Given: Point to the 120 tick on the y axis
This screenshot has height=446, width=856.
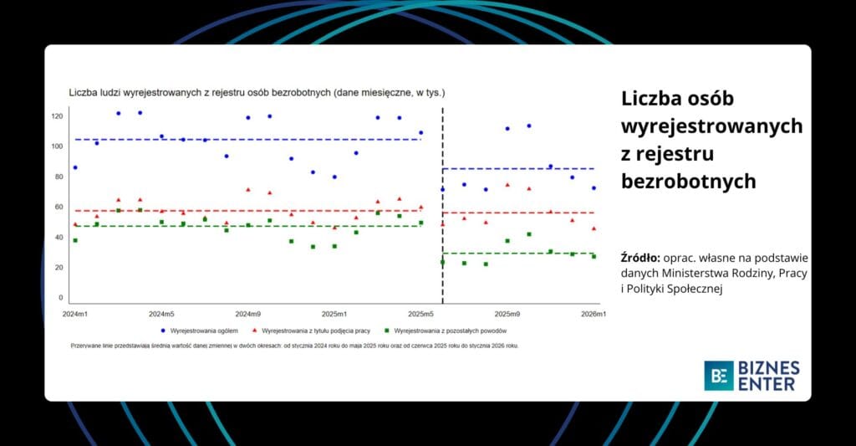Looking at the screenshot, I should pyautogui.click(x=57, y=115).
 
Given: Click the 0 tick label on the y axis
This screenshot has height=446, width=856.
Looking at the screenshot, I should pyautogui.click(x=60, y=297).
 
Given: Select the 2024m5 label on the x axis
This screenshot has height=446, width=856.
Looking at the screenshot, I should pyautogui.click(x=161, y=314).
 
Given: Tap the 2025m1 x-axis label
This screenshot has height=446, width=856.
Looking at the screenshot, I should pyautogui.click(x=334, y=314).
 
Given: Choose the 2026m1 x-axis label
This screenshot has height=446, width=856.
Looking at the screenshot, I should pyautogui.click(x=593, y=314).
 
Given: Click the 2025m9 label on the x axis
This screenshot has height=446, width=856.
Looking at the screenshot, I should pyautogui.click(x=507, y=314).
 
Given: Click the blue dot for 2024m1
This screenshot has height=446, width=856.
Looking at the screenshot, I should pyautogui.click(x=75, y=167).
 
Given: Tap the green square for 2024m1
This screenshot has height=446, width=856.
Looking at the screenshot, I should pyautogui.click(x=75, y=240).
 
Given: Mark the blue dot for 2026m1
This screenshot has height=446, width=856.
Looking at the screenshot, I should pyautogui.click(x=594, y=188).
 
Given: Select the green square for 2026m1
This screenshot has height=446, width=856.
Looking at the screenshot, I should pyautogui.click(x=594, y=256).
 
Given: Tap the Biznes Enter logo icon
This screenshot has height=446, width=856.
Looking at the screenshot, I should pyautogui.click(x=718, y=376).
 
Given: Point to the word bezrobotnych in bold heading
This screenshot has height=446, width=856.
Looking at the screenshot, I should pyautogui.click(x=689, y=181).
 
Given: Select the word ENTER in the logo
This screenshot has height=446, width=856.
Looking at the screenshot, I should pyautogui.click(x=767, y=384).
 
